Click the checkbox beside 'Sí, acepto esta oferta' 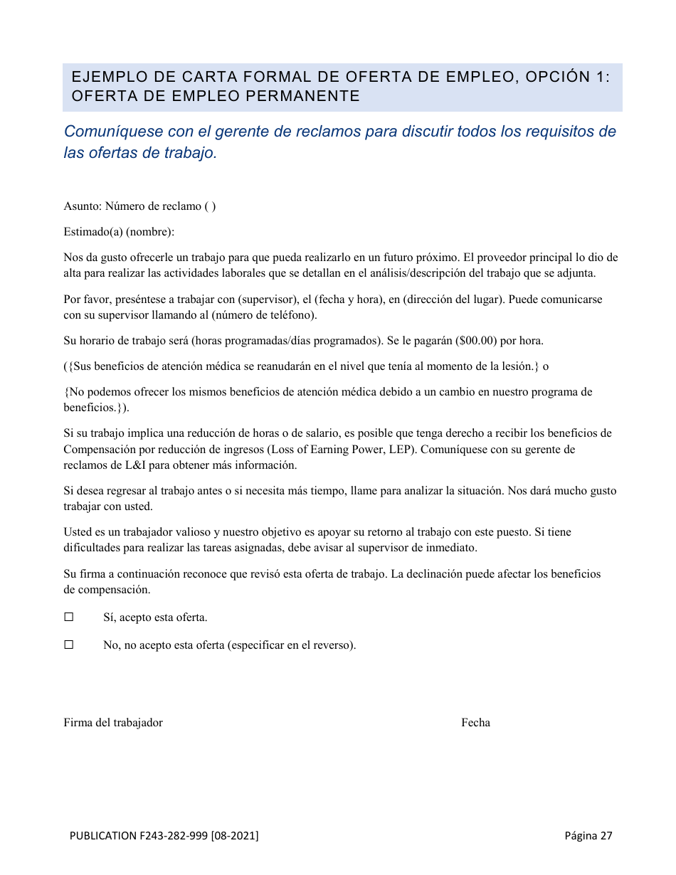69,617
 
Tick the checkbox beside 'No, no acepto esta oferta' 69,645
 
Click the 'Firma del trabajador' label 113,723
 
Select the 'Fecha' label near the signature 475,723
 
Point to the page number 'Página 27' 588,836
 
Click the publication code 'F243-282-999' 173,836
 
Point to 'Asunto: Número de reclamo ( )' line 139,206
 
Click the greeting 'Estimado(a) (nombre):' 119,232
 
